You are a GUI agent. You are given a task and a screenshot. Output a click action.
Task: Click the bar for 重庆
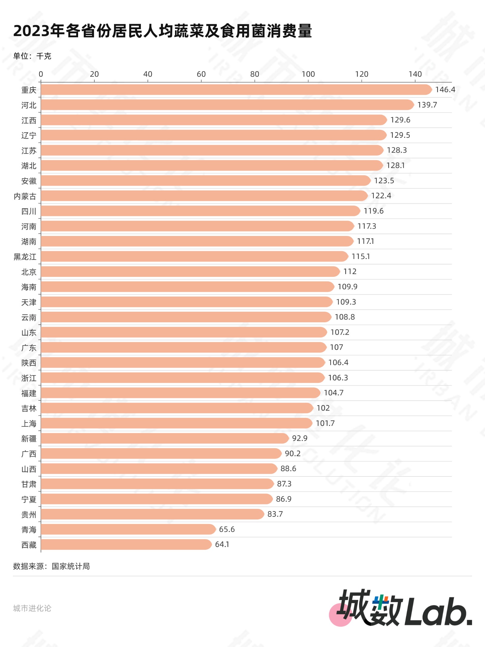[x=236, y=90]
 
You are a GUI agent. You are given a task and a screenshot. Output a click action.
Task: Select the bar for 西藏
[x=126, y=544]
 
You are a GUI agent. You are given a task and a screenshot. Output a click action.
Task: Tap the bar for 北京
[x=190, y=271]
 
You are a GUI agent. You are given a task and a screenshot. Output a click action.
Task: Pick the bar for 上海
[x=177, y=423]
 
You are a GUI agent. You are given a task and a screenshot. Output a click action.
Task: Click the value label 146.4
[x=445, y=90]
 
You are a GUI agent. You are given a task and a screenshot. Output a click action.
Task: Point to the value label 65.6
[x=227, y=529]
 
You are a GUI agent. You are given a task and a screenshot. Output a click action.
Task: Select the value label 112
[x=350, y=271]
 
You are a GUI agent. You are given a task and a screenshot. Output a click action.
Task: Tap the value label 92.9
[x=299, y=438]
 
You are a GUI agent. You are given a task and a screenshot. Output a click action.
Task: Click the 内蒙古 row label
[x=25, y=196]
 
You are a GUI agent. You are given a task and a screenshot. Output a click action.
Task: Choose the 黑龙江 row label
[x=25, y=257]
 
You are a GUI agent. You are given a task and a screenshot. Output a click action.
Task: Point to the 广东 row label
[x=29, y=348]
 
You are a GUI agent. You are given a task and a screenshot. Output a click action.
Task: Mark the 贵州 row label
[x=29, y=514]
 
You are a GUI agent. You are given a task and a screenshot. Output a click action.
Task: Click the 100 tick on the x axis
[x=308, y=74]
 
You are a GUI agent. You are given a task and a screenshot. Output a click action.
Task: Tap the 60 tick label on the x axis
[x=201, y=74]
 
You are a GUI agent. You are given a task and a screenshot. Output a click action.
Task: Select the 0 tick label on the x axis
[x=41, y=74]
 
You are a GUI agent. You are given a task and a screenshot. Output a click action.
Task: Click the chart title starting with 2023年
[x=163, y=31]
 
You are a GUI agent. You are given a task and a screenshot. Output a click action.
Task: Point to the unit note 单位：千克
[x=32, y=56]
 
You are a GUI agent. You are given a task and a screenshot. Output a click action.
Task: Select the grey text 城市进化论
[x=32, y=608]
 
